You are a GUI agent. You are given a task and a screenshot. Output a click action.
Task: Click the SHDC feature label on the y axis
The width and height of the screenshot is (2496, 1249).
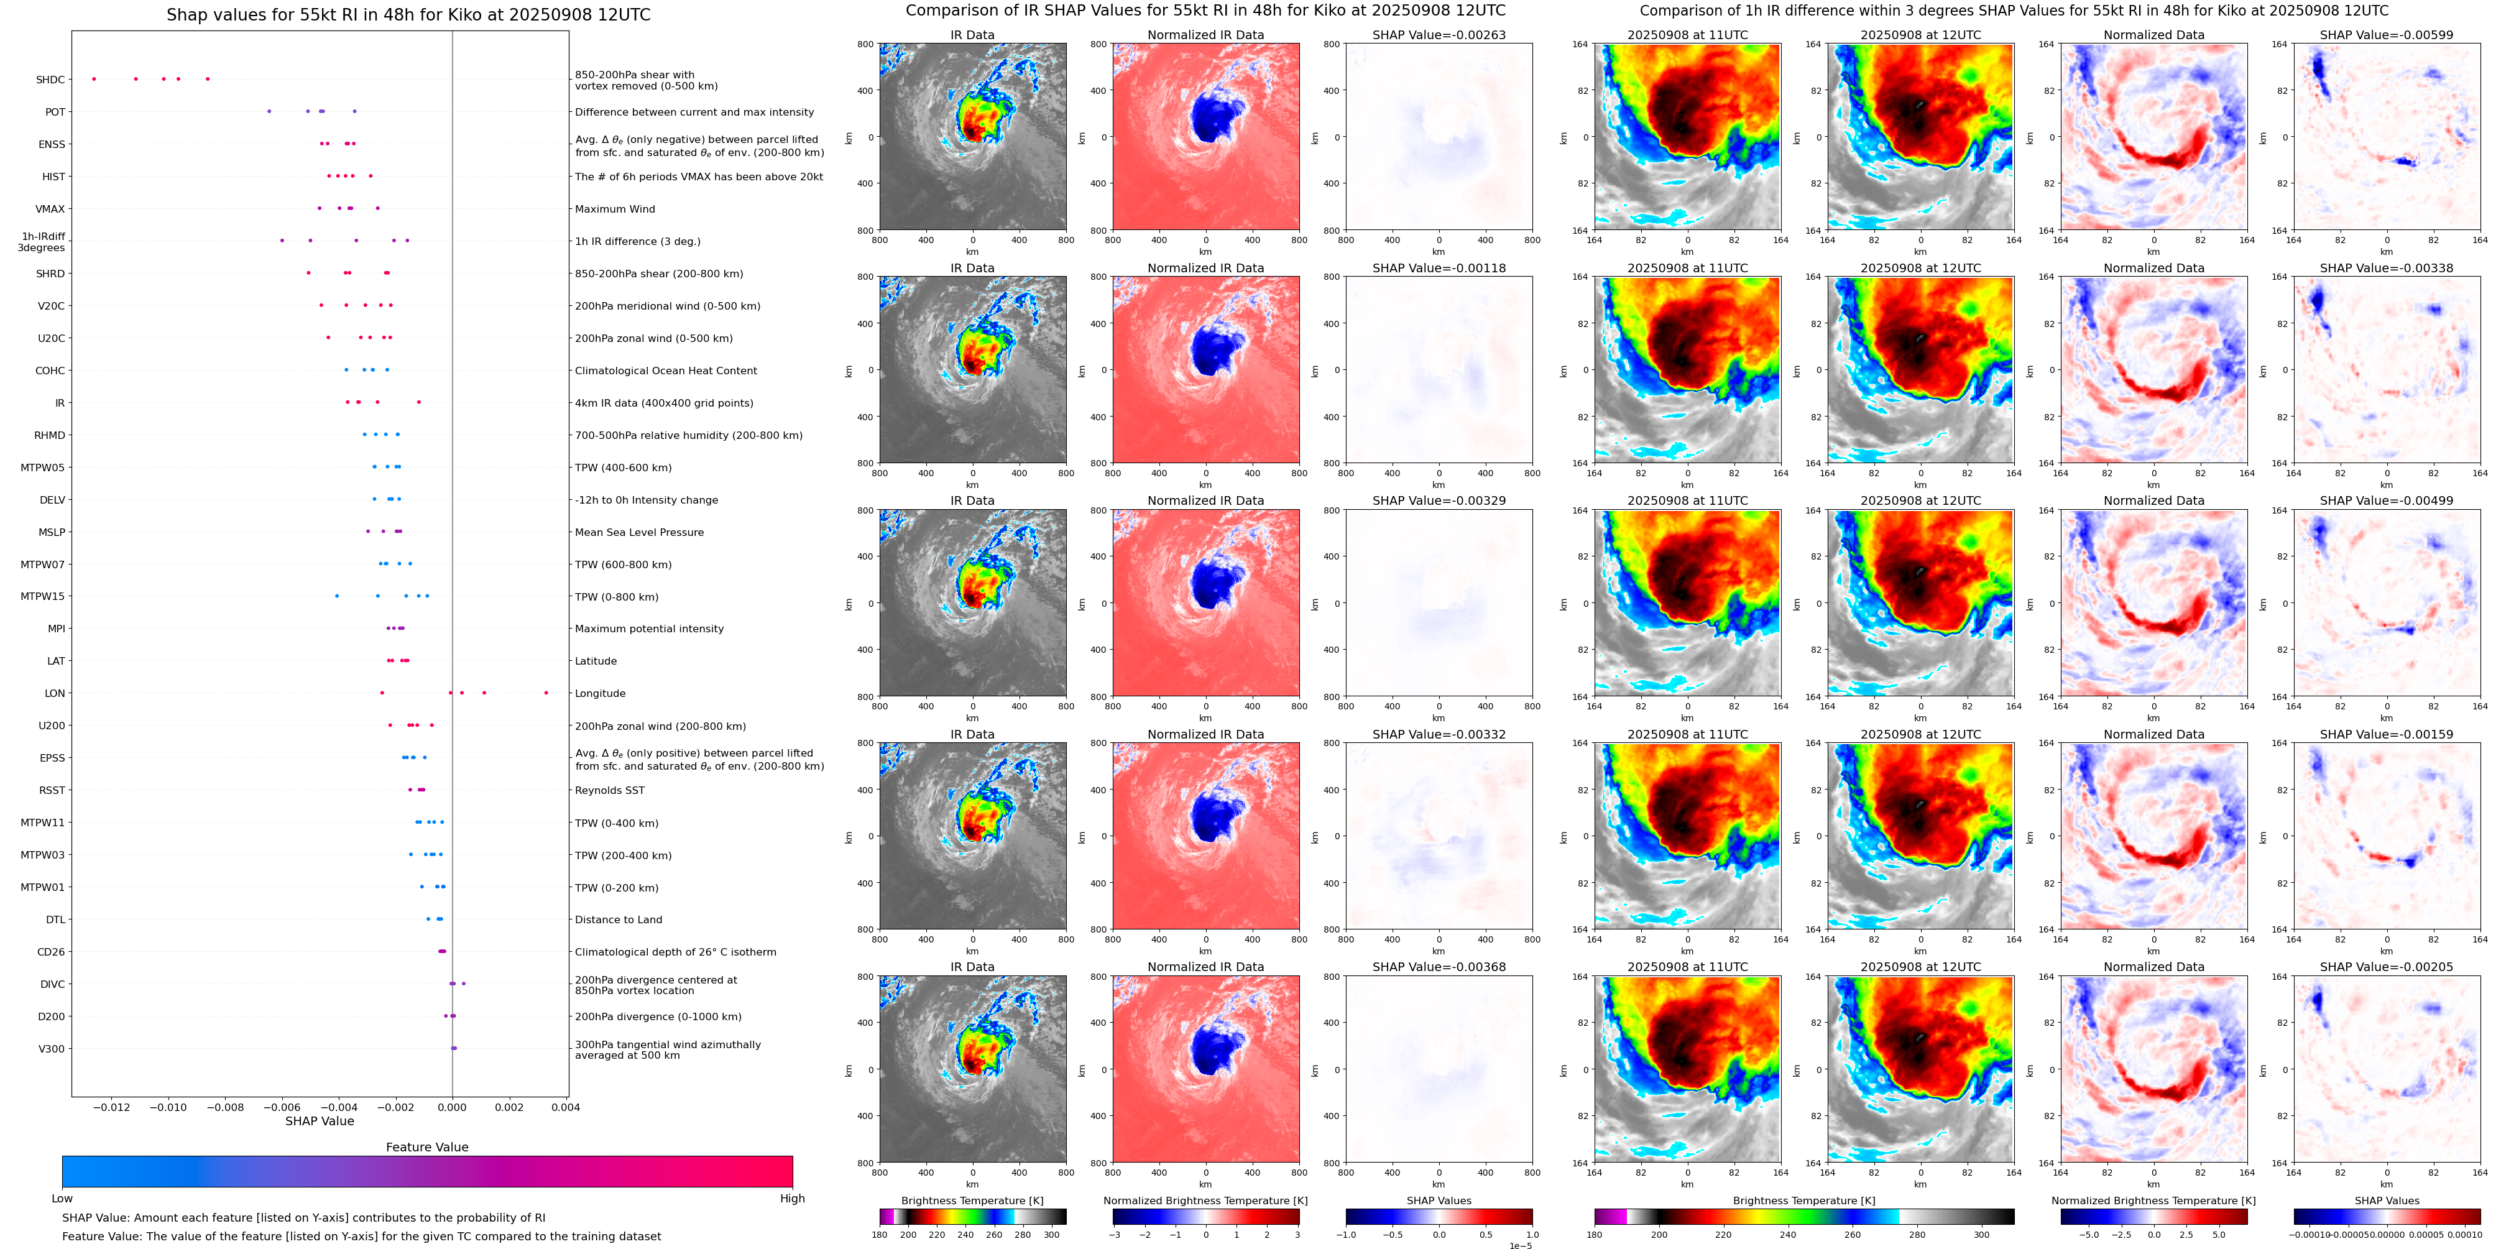point(50,80)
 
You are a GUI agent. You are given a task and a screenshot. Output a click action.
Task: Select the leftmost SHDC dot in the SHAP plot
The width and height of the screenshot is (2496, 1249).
point(94,78)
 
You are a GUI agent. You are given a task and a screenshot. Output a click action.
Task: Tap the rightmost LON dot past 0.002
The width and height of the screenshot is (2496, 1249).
point(546,693)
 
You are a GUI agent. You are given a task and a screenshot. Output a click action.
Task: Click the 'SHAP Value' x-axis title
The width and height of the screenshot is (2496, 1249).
point(320,1121)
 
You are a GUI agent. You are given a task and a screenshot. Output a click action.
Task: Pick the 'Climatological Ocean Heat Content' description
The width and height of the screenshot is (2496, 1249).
point(666,371)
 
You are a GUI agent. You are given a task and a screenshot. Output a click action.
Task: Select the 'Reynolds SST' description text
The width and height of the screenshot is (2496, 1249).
point(609,791)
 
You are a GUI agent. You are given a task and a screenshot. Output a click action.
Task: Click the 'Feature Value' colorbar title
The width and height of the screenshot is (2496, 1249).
point(427,1147)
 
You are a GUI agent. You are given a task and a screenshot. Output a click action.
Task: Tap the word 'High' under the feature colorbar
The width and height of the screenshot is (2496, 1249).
point(793,1199)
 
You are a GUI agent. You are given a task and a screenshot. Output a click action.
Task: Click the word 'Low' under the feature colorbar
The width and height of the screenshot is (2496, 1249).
point(62,1199)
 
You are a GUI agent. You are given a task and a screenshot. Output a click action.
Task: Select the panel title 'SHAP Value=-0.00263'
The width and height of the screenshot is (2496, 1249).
point(1439,35)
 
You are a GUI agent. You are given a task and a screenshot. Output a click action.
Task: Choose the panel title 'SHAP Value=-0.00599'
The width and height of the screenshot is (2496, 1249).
point(2387,35)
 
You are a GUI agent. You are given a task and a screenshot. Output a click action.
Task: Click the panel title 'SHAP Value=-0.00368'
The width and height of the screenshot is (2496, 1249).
point(1439,967)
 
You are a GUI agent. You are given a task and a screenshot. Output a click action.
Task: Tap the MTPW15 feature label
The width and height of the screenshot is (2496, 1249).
point(43,597)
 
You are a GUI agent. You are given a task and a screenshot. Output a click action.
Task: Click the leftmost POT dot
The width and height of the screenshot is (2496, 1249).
point(269,111)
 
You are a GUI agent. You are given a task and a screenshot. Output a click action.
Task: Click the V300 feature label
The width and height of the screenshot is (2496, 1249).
point(52,1048)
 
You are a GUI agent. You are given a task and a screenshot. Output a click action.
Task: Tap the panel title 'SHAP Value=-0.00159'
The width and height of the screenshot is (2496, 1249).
point(2387,734)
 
